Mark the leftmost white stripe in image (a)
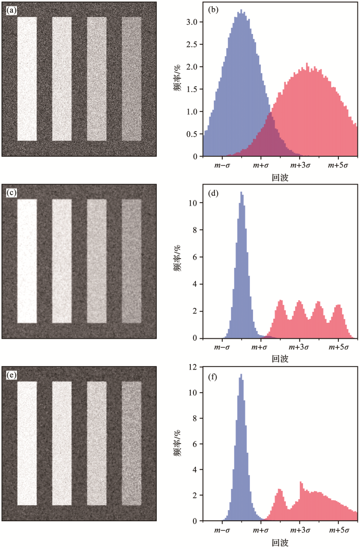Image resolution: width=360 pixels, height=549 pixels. [x=27, y=79]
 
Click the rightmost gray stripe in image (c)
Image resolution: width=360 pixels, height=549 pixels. [x=131, y=261]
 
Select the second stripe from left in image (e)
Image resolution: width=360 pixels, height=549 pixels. [x=62, y=444]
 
